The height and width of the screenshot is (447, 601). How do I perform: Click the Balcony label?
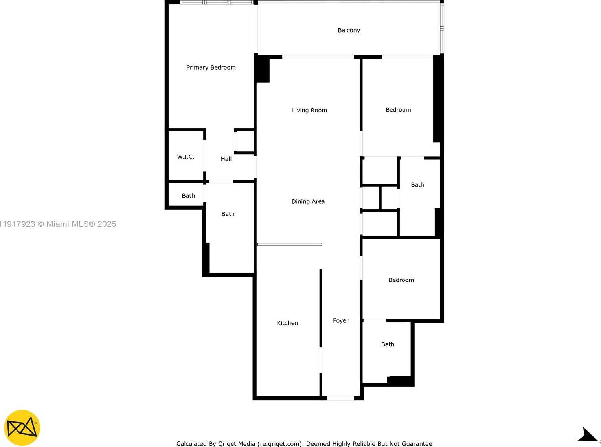coord(349,30)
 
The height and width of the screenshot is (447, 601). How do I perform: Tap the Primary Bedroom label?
coord(211,67)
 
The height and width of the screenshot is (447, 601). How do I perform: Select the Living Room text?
coord(309,110)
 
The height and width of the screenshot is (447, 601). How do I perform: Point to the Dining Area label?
coord(308,201)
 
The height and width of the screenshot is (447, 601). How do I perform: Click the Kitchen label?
coord(287,323)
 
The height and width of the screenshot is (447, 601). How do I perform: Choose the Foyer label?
coord(340,320)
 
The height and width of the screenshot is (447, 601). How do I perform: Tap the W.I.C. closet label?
coord(186,156)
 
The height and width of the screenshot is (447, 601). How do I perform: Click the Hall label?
coord(226,159)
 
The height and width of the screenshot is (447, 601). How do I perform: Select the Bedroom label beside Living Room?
coord(398,110)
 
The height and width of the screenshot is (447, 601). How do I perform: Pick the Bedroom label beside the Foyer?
coord(401,280)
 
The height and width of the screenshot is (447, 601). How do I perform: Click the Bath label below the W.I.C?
coord(188,195)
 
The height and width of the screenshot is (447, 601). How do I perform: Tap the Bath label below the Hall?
coord(228,214)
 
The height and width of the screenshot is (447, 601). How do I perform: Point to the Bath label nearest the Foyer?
coord(388,344)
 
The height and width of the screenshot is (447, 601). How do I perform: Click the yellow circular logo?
coord(22,428)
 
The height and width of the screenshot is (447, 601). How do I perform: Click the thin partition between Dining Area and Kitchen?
coord(290,245)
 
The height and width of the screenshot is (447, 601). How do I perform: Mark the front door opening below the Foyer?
coord(340,398)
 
